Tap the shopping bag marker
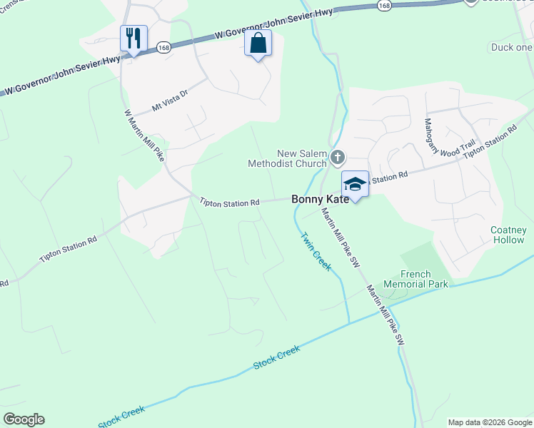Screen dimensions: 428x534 [x=258, y=43]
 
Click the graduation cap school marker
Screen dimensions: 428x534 [x=355, y=184]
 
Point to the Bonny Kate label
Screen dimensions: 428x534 [x=321, y=200]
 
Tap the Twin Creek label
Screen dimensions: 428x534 [x=315, y=251]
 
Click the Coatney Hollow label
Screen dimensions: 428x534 [x=508, y=235]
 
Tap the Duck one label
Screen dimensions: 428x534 [x=512, y=47]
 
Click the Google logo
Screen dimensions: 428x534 [x=24, y=419]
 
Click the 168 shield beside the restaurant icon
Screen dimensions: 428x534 [x=163, y=47]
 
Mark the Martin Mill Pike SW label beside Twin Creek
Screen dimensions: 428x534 [x=339, y=238]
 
